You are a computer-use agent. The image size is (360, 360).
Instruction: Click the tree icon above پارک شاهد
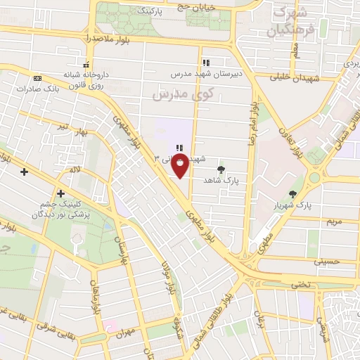pyautogui.click(x=221, y=169)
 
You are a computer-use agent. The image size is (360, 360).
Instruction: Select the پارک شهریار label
pyautogui.click(x=293, y=206)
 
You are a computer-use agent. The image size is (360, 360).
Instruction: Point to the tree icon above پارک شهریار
pyautogui.click(x=293, y=194)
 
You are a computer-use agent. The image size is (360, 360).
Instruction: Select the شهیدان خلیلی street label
pyautogui.click(x=292, y=78)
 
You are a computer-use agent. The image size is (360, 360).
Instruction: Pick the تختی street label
pyautogui.click(x=300, y=285)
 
